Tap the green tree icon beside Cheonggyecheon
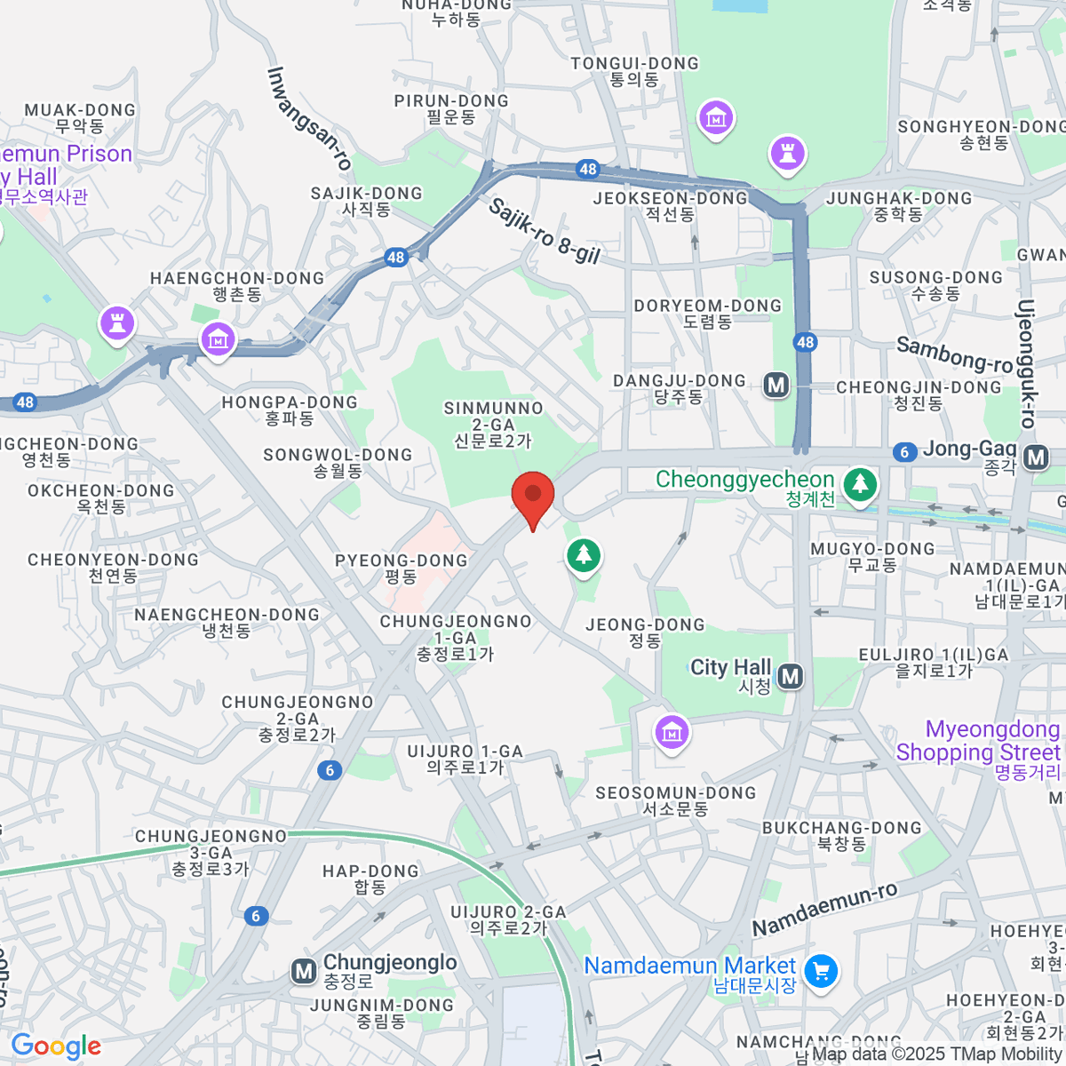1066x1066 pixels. coord(859,484)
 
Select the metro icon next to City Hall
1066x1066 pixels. coord(790,677)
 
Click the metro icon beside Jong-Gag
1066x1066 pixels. coord(1035,457)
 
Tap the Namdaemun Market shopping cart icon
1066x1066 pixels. coord(821,970)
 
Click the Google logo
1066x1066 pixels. coord(56,1046)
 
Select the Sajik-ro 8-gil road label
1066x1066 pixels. coord(545,232)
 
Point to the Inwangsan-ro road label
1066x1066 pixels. coord(308,118)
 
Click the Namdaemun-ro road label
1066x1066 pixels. coord(825,909)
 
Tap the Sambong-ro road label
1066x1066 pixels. coord(954,354)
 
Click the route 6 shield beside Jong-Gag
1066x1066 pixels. coord(904,452)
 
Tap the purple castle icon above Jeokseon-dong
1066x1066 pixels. coord(786,152)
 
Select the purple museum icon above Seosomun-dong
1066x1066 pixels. coord(672,732)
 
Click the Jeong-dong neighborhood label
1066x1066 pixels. coord(645,632)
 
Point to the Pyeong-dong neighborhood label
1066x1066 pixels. coord(401,568)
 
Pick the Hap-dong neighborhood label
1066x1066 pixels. coord(370,879)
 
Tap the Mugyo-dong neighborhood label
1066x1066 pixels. coord(872,556)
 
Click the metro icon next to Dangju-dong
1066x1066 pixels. coord(776,385)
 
